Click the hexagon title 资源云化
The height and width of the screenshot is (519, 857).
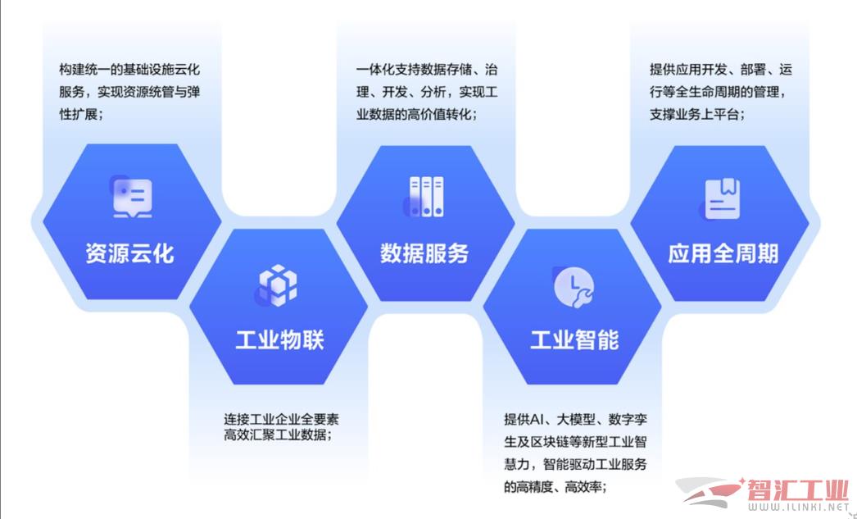[x=130, y=253]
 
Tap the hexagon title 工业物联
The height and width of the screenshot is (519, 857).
[x=280, y=340]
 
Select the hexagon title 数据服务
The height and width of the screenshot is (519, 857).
[x=424, y=253]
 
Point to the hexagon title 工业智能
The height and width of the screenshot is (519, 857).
[x=574, y=340]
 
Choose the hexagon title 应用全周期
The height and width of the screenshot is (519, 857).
[x=723, y=253]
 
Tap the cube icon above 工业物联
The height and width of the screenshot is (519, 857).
[x=277, y=285]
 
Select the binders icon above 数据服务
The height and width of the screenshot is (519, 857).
[x=424, y=197]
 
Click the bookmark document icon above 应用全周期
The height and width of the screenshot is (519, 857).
[x=720, y=199]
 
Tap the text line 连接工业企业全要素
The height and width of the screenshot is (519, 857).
[x=282, y=420]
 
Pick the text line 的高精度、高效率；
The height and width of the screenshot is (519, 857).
[x=555, y=486]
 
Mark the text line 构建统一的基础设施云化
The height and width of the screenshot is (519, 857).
[x=129, y=70]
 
